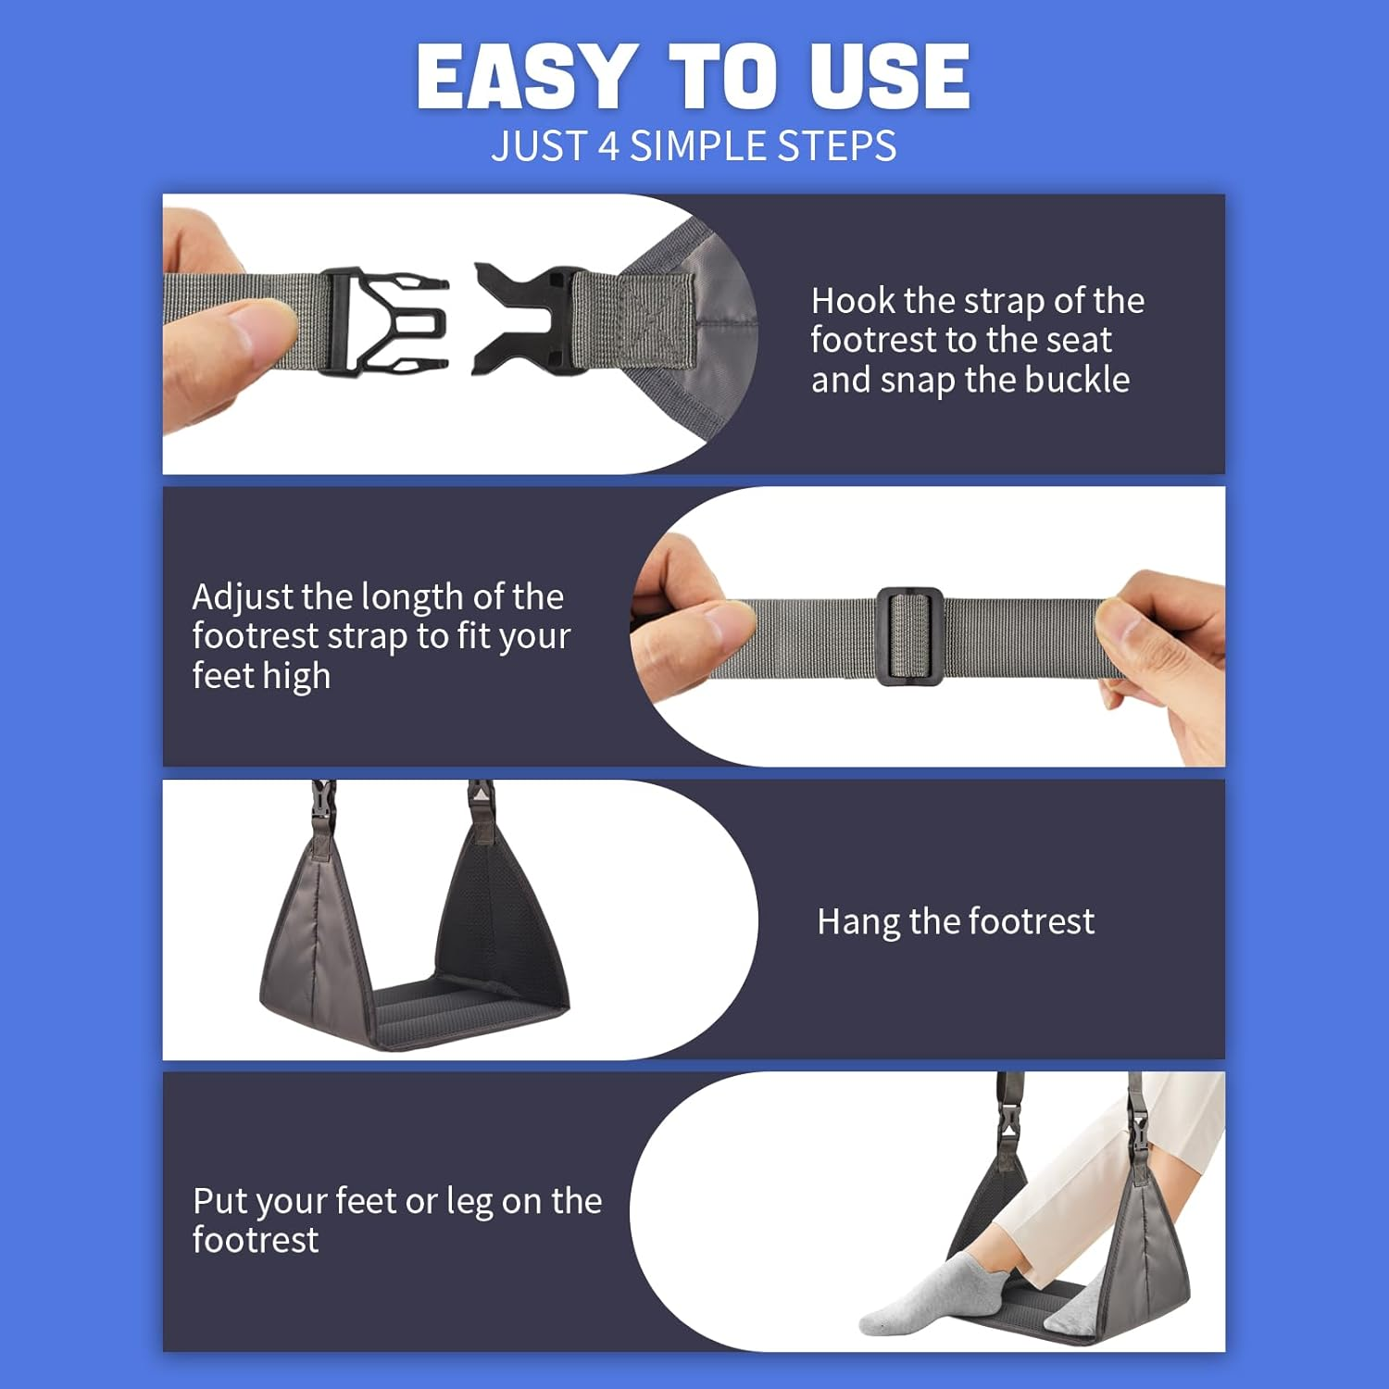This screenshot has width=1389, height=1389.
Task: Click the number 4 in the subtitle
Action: coord(607,146)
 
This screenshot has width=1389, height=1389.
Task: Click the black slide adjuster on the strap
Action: coord(909,636)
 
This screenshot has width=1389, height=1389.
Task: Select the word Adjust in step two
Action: coord(243,597)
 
